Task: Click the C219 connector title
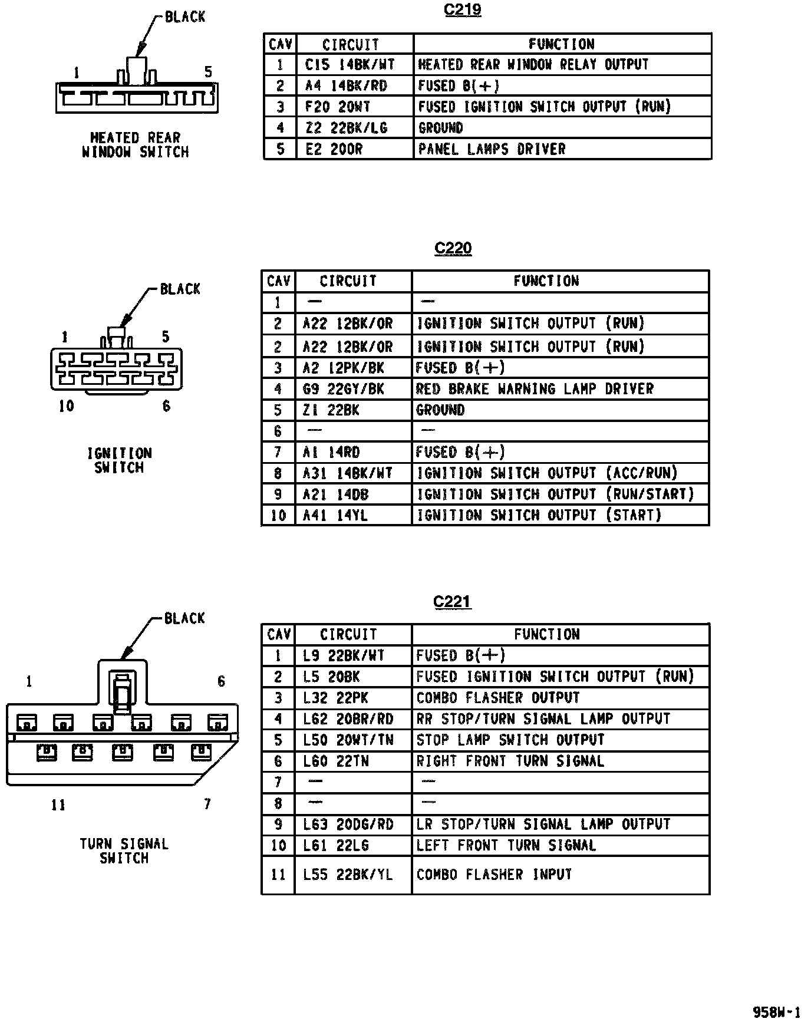(463, 11)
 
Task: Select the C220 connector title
(453, 248)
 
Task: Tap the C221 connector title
(452, 602)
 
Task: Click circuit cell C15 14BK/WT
(350, 64)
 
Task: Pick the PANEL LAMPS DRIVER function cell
(492, 149)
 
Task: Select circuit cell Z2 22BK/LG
(346, 128)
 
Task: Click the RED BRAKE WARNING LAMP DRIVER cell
(535, 389)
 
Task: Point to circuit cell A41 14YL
(335, 516)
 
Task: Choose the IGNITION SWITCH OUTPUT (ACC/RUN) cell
(548, 473)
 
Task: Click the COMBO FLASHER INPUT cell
(494, 875)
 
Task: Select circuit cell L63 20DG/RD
(348, 825)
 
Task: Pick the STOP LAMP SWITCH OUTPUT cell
(510, 740)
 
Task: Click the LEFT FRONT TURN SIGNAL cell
(506, 846)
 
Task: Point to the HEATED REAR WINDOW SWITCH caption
(135, 145)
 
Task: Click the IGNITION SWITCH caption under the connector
(120, 460)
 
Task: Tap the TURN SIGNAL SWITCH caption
(124, 851)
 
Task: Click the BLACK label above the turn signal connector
(184, 618)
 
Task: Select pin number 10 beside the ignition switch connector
(66, 406)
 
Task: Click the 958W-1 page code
(777, 1012)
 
